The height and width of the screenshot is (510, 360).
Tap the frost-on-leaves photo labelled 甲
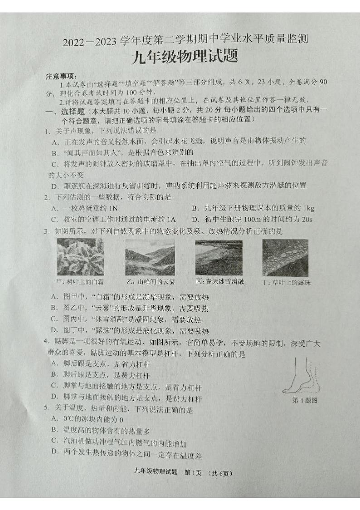[x=80, y=257]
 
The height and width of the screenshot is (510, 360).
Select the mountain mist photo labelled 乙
[x=150, y=257]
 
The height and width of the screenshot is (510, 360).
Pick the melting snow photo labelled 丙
[x=219, y=257]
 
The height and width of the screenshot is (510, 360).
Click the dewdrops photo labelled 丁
[x=285, y=257]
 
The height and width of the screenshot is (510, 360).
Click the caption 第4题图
[x=305, y=400]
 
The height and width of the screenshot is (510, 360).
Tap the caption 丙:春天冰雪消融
[x=220, y=281]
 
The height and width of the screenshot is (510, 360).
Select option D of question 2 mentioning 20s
[x=252, y=219]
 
